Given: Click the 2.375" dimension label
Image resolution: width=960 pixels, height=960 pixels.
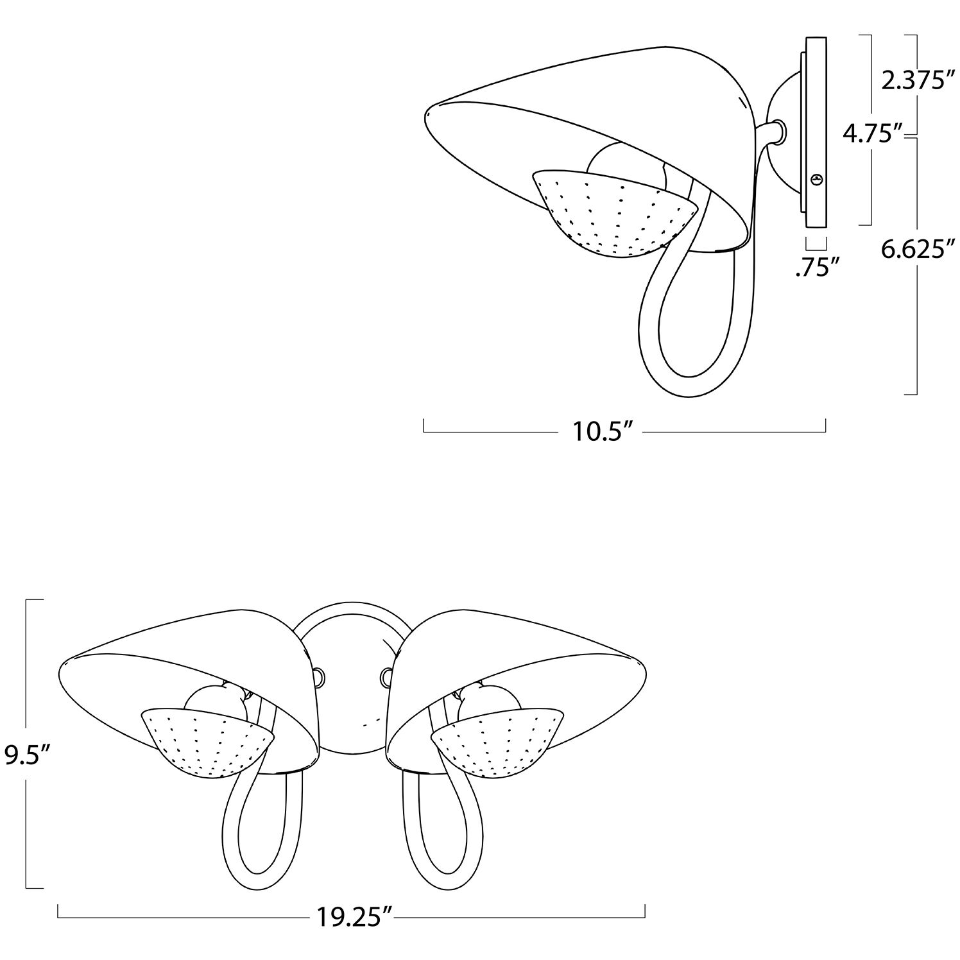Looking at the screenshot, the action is [914, 82].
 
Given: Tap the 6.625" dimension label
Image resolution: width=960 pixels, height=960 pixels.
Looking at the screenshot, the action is [914, 248].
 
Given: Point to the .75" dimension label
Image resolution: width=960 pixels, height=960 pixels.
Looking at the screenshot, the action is [817, 268].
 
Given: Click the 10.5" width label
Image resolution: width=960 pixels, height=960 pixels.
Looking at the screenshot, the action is [599, 432].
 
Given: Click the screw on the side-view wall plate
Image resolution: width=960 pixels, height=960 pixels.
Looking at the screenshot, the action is [816, 180].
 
